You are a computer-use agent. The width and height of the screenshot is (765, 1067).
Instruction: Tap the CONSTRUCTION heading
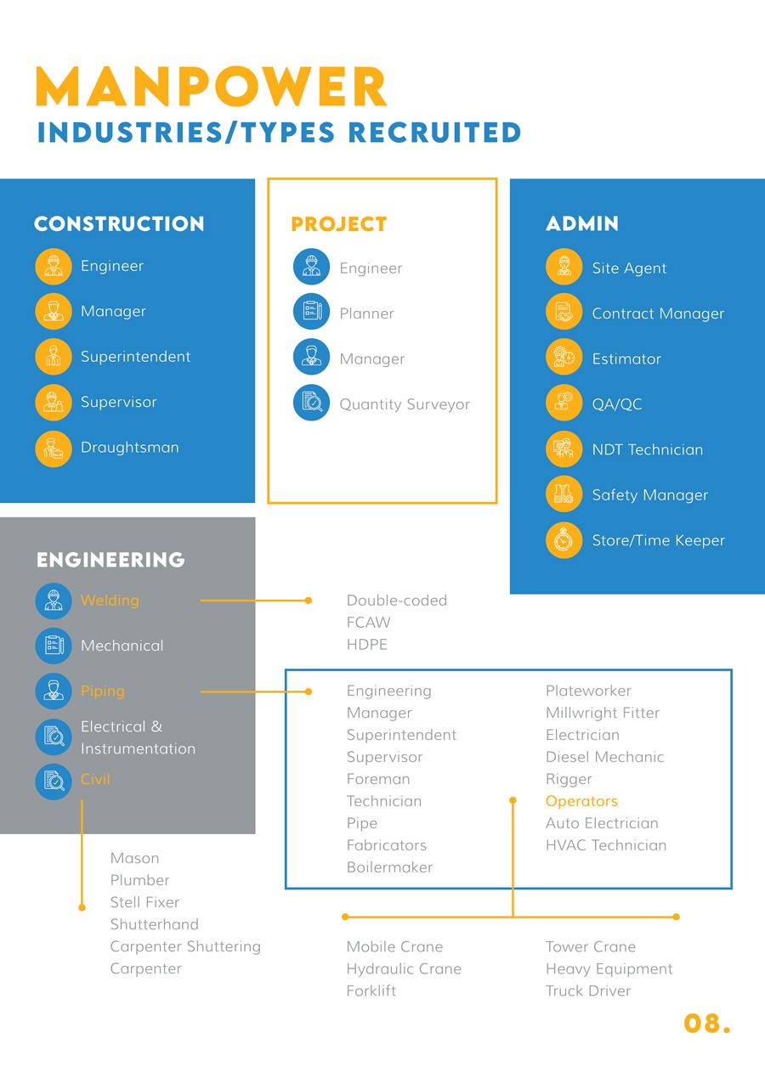[119, 224]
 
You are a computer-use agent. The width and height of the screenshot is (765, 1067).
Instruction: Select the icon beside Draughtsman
[54, 449]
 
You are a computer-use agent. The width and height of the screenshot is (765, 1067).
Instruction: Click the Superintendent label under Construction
[135, 357]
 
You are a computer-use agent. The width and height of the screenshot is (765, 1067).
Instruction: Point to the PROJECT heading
[338, 224]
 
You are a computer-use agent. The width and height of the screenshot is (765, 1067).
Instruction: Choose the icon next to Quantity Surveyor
[311, 404]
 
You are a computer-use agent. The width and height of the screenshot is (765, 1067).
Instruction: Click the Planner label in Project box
[366, 313]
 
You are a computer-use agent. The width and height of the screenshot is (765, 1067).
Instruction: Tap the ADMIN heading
[581, 224]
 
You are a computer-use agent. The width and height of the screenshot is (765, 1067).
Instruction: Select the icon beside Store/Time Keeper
[564, 540]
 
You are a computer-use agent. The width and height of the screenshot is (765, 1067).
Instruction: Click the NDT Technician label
[647, 449]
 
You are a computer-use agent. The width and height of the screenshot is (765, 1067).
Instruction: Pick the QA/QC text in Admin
[616, 404]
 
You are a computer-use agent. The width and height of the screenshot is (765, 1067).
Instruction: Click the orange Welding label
[110, 601]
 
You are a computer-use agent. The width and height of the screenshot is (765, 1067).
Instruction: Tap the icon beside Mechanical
[54, 646]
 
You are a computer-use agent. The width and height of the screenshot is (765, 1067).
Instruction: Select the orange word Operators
[581, 801]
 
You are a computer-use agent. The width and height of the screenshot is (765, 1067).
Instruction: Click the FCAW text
[368, 623]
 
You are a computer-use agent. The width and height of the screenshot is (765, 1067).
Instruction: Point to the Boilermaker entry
[389, 867]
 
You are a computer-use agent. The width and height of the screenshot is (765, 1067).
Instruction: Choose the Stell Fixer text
[144, 902]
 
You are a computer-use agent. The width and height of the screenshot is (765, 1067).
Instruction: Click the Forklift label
[371, 991]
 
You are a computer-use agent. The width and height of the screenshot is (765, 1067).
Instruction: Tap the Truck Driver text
[588, 991]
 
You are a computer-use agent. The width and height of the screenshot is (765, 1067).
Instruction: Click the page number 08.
[705, 1024]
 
